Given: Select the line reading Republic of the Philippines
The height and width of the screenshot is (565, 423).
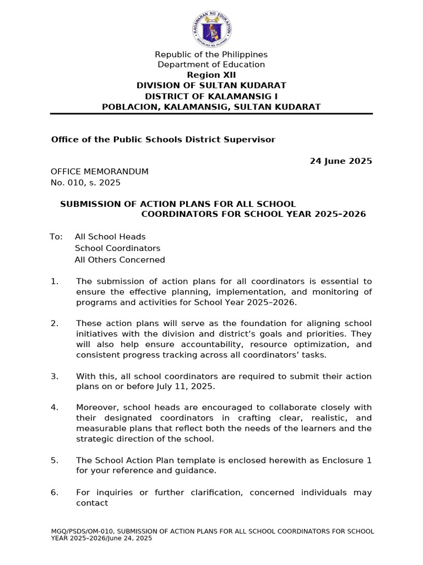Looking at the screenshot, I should [211, 54].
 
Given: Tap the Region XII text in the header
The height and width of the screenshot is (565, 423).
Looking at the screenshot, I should [211, 75].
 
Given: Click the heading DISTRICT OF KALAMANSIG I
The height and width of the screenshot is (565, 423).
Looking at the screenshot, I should [211, 96].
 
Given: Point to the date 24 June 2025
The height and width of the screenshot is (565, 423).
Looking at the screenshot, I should [341, 161].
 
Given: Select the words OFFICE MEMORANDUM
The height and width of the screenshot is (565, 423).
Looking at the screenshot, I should [100, 172].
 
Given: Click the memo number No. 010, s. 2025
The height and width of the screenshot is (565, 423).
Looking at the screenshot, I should [85, 182].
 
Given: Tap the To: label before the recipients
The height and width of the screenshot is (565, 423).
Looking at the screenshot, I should [56, 237].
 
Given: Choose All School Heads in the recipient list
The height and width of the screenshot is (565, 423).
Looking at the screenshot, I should [110, 237].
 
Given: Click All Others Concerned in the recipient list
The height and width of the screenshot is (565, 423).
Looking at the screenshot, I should [120, 259].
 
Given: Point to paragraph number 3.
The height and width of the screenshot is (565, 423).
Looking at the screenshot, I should [54, 376].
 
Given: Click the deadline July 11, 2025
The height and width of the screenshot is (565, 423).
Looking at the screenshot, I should [187, 387].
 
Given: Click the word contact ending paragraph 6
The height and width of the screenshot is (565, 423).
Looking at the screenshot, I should [92, 503].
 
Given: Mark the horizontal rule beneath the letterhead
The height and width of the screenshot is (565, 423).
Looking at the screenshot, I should [211, 114].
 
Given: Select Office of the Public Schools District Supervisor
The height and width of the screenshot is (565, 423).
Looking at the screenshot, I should [163, 139].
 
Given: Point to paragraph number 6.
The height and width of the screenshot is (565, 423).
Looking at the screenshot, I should [54, 492].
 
